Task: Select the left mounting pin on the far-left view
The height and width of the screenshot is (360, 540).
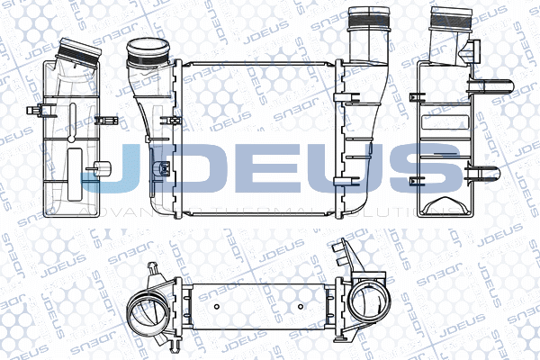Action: point(38,112)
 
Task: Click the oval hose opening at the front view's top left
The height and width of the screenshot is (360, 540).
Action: point(143,49)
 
